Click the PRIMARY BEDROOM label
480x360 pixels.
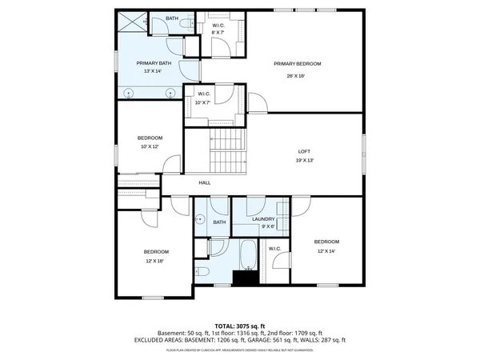click(297, 64)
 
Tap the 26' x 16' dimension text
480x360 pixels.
click(297, 76)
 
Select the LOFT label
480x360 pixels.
click(304, 150)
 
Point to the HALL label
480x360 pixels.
click(205, 183)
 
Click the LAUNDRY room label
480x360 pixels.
click(263, 218)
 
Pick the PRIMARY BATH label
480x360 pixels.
click(154, 62)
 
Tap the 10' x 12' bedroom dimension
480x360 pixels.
click(150, 147)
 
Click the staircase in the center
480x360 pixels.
click(228, 152)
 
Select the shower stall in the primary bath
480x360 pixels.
click(132, 22)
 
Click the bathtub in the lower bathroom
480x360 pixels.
click(247, 255)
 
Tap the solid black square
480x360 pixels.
click(243, 278)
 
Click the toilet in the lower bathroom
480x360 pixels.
click(202, 274)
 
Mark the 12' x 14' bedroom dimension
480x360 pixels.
click(326, 251)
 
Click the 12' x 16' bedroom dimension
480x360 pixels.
click(155, 261)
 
